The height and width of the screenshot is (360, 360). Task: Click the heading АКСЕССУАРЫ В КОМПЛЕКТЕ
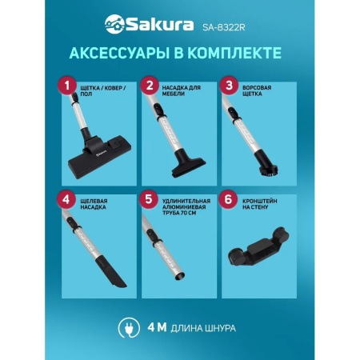click(x=180, y=54)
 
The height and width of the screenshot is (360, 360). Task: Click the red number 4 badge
click(x=68, y=200)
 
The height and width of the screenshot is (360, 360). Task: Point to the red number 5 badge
click(x=147, y=200)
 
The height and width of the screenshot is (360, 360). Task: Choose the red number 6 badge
click(x=228, y=200)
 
